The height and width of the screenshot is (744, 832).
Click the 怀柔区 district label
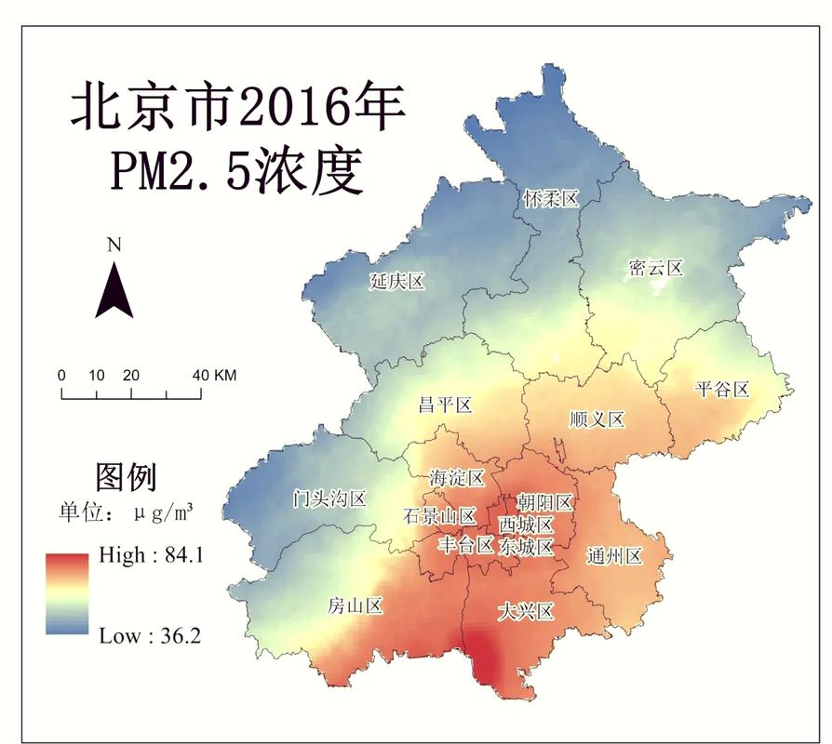point(550,199)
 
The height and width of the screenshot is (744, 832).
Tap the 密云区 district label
point(655,269)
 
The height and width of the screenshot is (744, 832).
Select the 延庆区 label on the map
point(396,282)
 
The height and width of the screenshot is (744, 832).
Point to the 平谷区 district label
point(722,390)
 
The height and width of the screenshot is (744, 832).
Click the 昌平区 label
point(445,405)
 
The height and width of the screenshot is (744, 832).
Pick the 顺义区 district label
point(597,419)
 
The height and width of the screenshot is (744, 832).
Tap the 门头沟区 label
point(329,498)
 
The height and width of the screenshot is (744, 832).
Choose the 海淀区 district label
point(457,478)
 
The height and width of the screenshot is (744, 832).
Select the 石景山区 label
point(439,516)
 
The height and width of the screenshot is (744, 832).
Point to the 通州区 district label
point(615,556)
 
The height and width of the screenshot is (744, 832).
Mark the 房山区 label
point(355,606)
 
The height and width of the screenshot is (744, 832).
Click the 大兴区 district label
point(526,611)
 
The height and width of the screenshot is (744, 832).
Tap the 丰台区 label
point(465,545)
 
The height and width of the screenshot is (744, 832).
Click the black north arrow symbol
point(114,289)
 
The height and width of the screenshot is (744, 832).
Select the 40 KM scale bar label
point(214,376)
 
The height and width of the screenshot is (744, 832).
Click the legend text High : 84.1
point(151,555)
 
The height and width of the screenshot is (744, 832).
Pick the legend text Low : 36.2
point(150,636)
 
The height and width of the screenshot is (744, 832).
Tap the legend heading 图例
point(126,477)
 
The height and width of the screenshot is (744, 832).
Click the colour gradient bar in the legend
point(67,593)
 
